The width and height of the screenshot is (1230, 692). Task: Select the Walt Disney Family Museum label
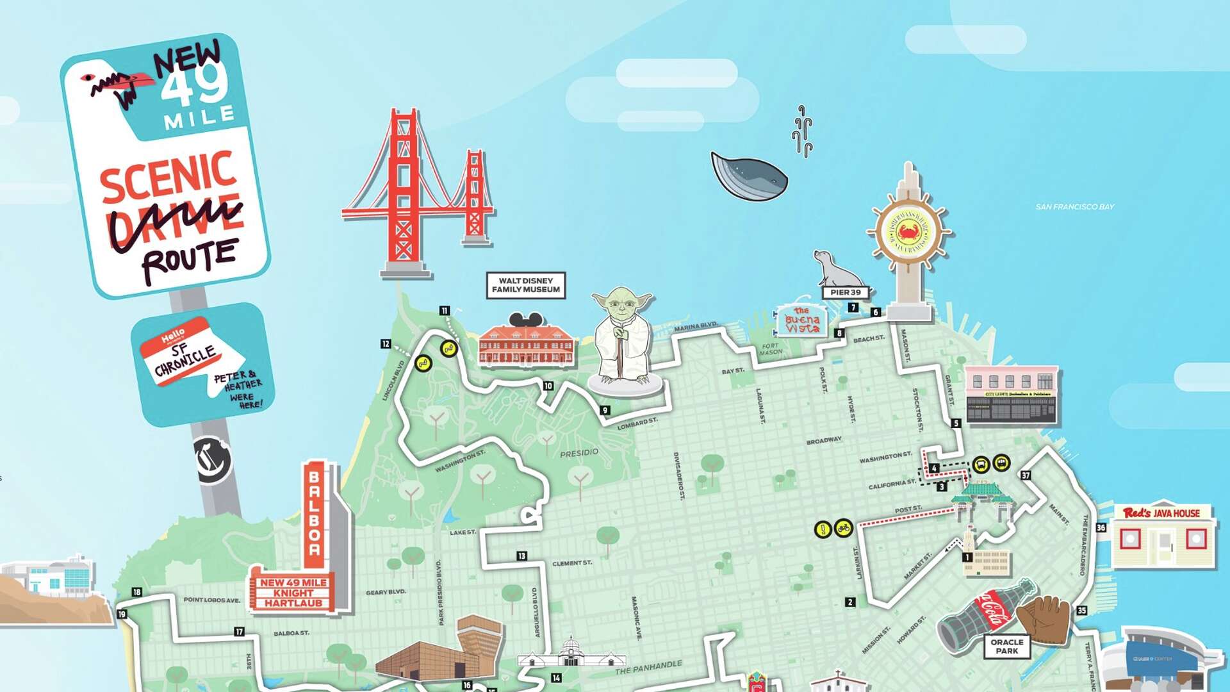tap(525, 285)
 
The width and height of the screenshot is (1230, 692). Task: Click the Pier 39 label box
tap(846, 292)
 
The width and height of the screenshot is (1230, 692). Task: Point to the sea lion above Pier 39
tap(835, 269)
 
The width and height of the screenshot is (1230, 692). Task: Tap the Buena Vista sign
tap(802, 320)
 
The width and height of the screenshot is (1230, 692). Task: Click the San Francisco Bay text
tap(1075, 207)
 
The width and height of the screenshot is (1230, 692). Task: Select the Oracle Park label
tap(1006, 646)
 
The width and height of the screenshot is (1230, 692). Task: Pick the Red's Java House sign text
tap(1161, 513)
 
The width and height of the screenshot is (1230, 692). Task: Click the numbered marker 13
tap(522, 556)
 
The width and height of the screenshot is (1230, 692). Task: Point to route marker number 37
tap(1026, 475)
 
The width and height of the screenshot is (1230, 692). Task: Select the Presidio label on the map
tap(579, 453)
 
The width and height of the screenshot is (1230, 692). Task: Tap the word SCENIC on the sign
tap(168, 176)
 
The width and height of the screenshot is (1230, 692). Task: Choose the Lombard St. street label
tap(637, 424)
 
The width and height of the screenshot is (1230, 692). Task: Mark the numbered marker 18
tap(136, 592)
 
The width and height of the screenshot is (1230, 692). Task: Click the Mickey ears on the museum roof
tap(525, 320)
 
